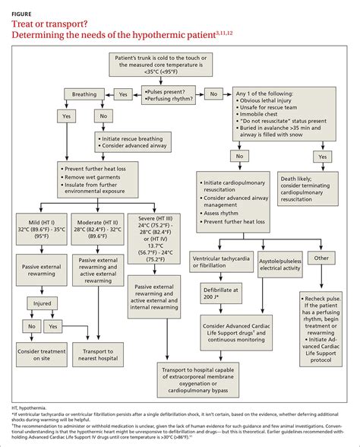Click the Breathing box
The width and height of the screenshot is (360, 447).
(x=84, y=94)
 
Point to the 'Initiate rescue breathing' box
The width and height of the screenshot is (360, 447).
(x=130, y=142)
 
